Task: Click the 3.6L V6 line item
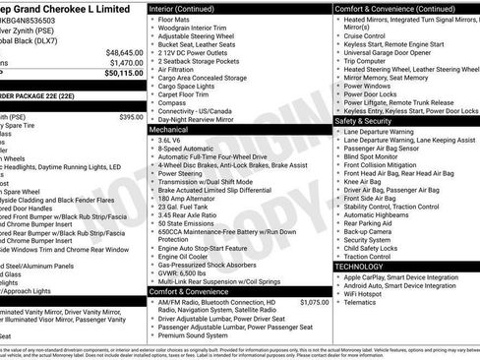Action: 175,139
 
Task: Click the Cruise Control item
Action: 367,35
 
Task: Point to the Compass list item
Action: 173,101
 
